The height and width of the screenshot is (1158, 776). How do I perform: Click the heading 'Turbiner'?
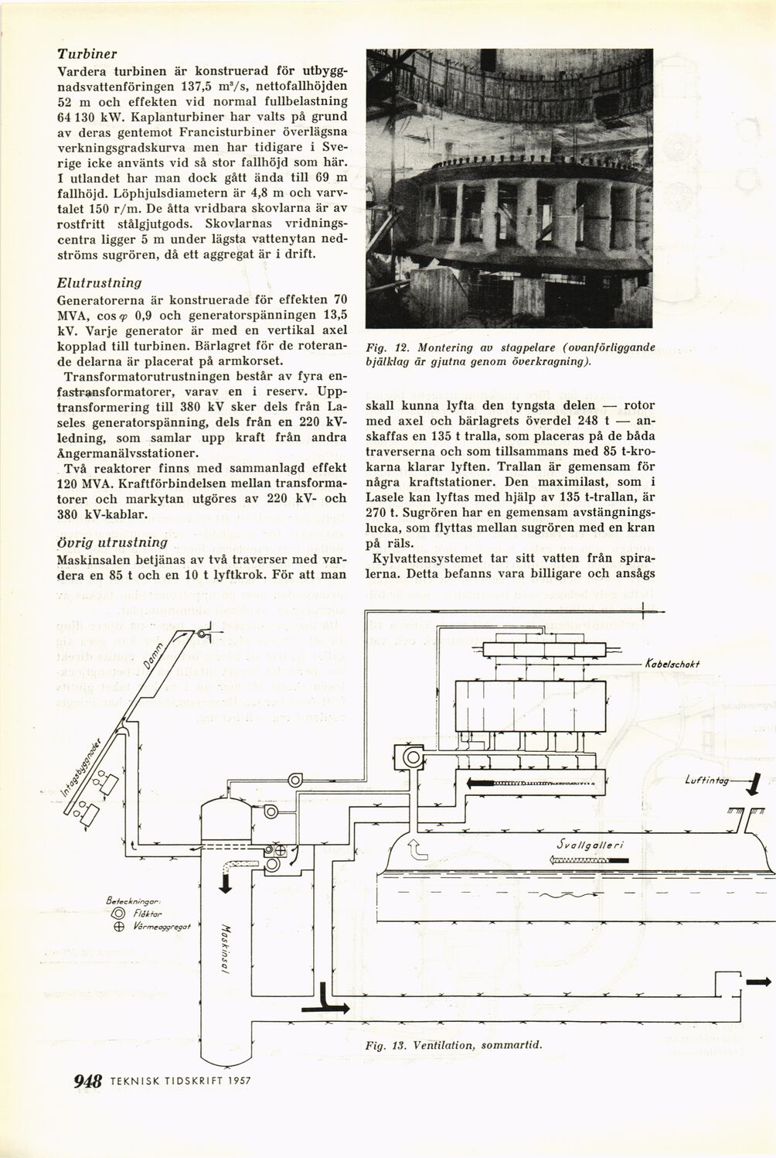pyautogui.click(x=87, y=55)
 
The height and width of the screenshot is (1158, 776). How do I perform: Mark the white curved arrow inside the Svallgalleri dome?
pyautogui.click(x=417, y=849)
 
